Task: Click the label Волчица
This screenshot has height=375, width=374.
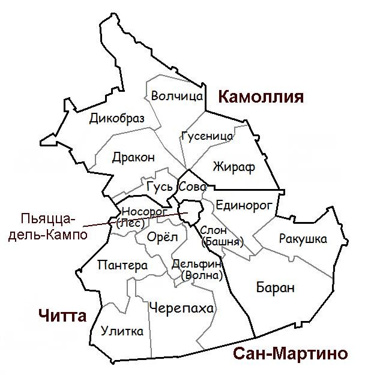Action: coord(177,96)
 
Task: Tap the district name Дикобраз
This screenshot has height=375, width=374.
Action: coord(117,119)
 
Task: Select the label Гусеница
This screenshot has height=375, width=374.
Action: coord(207,136)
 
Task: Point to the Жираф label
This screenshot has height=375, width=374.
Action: coord(234,167)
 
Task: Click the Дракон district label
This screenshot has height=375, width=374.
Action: coord(133,157)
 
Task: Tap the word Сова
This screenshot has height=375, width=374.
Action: coord(193,187)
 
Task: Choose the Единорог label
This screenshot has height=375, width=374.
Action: coord(244,205)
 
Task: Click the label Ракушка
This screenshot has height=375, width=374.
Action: coord(303,239)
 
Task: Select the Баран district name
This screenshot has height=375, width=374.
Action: coord(275,288)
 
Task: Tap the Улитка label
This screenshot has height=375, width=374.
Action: coord(122,331)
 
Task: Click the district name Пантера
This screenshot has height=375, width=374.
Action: coord(122,265)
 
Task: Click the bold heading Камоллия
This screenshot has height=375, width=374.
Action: coord(261,97)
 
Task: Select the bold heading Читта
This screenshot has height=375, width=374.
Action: coord(62,316)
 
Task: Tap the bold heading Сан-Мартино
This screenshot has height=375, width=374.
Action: coord(289,353)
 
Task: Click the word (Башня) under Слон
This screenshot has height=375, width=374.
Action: coord(223,242)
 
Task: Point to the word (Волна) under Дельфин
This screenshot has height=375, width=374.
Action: coord(201,275)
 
